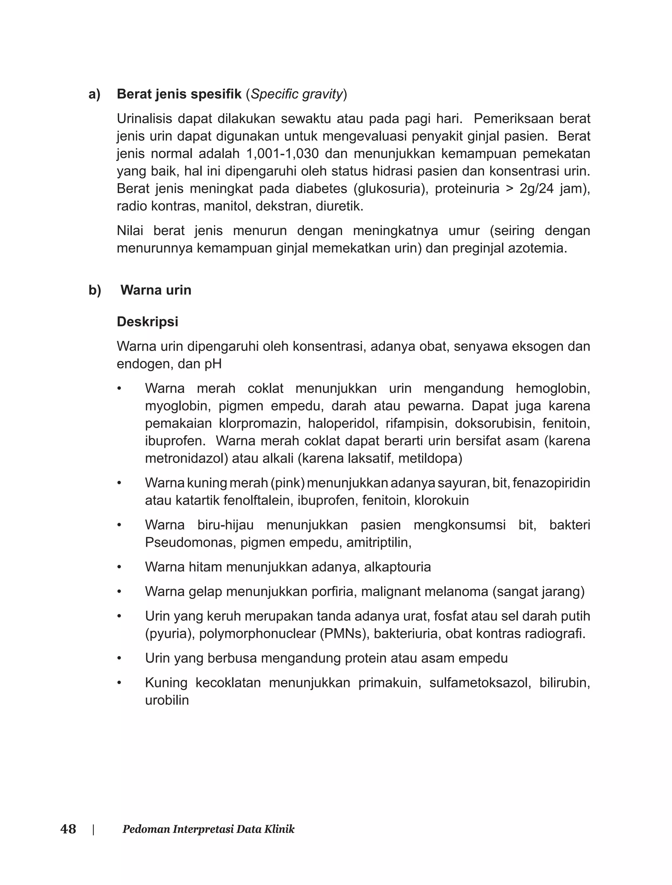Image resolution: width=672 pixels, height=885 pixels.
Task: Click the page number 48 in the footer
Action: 68,829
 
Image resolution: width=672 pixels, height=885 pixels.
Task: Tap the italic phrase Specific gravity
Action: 297,94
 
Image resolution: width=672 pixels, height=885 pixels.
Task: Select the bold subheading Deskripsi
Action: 147,321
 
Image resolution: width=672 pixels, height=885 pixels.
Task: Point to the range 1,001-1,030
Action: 283,154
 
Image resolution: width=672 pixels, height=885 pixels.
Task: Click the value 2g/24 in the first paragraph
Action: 536,188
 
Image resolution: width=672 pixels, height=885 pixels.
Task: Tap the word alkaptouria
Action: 397,567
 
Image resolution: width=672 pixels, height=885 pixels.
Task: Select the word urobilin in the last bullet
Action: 167,700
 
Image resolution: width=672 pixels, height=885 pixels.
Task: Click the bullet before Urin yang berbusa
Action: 119,658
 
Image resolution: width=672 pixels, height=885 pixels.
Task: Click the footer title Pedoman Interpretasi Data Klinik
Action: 208,829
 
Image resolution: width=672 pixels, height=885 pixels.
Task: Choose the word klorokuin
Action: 441,500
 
